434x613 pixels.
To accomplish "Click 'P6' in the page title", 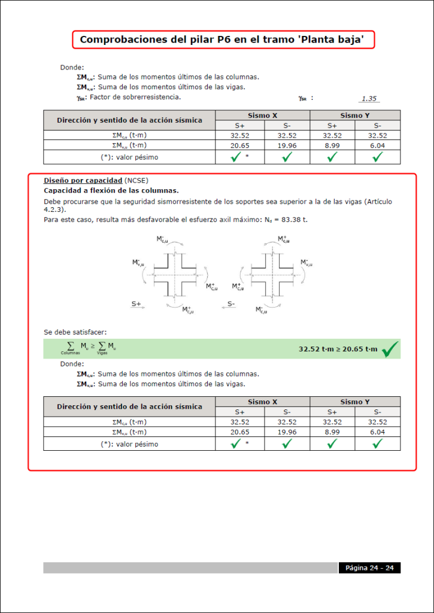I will [x=217, y=40].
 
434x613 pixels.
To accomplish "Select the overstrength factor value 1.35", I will [x=369, y=99].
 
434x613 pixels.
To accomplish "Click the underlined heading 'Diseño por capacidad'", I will [x=83, y=180].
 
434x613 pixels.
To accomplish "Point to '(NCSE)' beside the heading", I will [x=136, y=180].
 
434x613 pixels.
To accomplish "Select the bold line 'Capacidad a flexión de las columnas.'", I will [x=111, y=190].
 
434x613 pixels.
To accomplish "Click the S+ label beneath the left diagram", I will [x=136, y=304].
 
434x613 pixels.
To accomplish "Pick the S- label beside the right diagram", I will [x=231, y=304].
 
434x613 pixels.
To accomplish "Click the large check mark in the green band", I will [x=390, y=348].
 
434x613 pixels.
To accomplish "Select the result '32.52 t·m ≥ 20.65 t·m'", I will [x=338, y=349].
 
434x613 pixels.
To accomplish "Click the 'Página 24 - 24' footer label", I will [x=369, y=568].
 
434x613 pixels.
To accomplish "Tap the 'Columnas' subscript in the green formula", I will [x=70, y=354].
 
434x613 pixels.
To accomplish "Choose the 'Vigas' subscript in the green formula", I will [x=102, y=354].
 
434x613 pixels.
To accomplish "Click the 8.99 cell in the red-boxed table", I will [x=332, y=432].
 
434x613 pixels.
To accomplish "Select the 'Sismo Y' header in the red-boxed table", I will [x=354, y=402].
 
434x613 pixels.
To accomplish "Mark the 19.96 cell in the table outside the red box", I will [x=287, y=145].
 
